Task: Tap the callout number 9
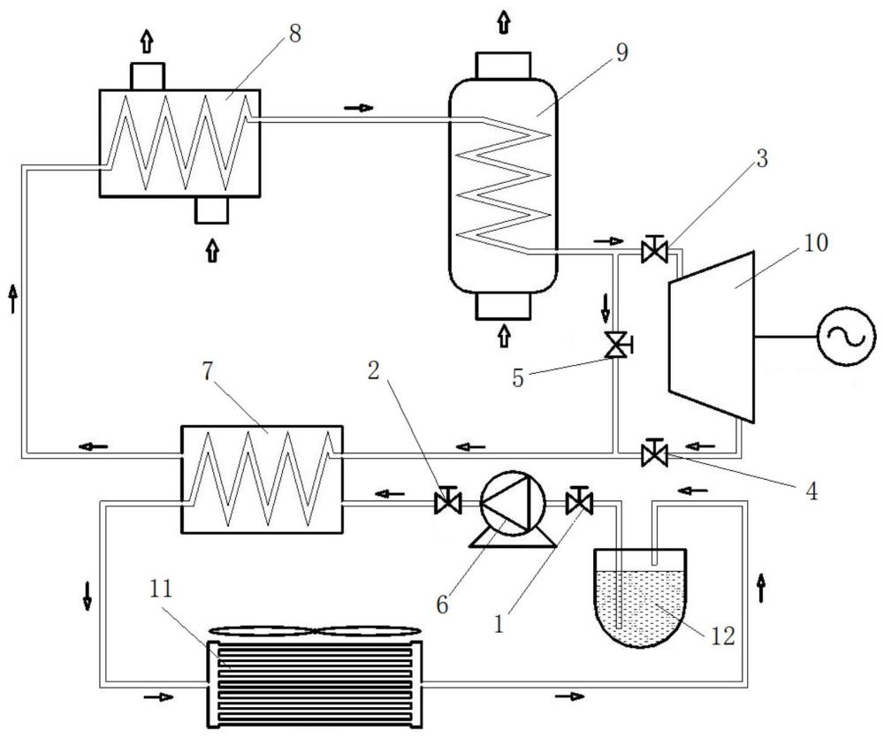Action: click(x=621, y=52)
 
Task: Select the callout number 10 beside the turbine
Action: click(x=816, y=242)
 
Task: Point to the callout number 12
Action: click(x=723, y=636)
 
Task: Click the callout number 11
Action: click(x=161, y=589)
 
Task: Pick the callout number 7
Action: click(x=207, y=372)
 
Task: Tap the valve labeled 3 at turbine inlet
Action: click(x=654, y=249)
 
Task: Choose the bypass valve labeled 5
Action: click(x=617, y=344)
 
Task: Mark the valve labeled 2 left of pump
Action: click(x=448, y=500)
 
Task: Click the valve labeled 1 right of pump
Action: click(x=579, y=500)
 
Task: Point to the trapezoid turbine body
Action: click(x=712, y=336)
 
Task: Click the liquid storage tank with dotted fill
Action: click(x=640, y=597)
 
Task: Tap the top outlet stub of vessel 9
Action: click(x=504, y=65)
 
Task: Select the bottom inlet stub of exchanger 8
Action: click(x=211, y=209)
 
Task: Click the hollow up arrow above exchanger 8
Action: click(x=147, y=41)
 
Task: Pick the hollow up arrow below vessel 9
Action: click(x=504, y=336)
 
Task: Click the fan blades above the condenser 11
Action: click(x=315, y=631)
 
